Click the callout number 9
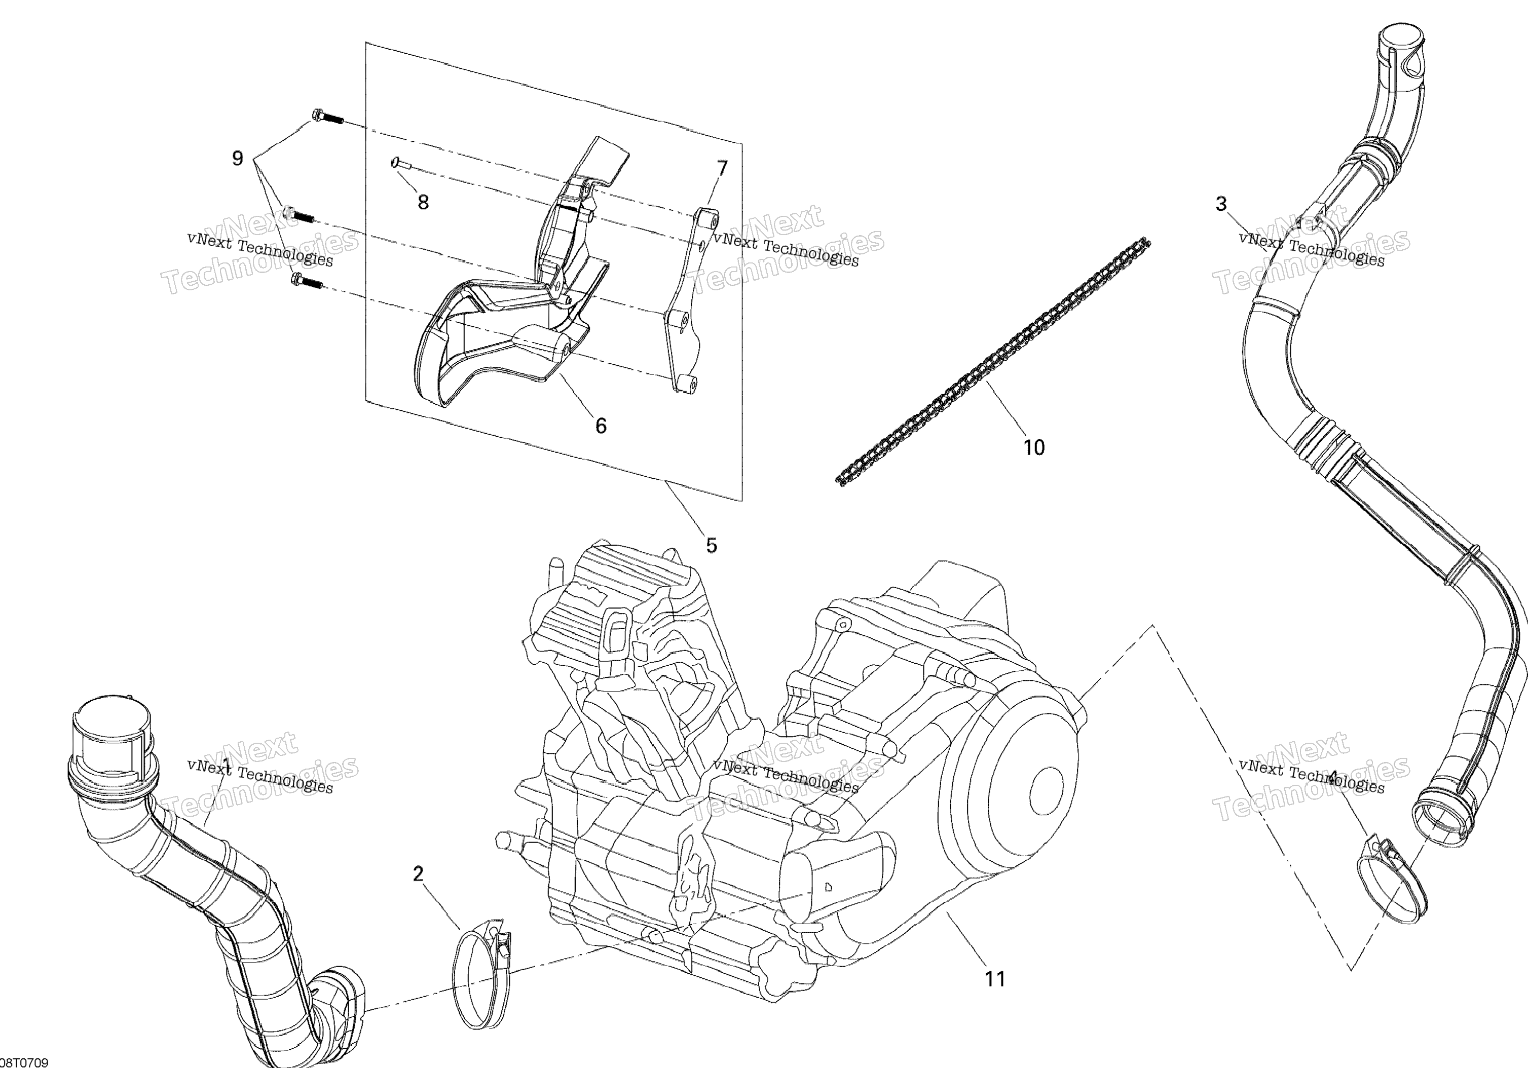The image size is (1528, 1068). pyautogui.click(x=238, y=159)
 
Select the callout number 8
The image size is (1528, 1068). pyautogui.click(x=423, y=202)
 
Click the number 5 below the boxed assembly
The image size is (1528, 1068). pyautogui.click(x=712, y=546)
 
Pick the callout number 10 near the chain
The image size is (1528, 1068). pyautogui.click(x=1033, y=448)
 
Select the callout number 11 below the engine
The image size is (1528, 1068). pyautogui.click(x=995, y=979)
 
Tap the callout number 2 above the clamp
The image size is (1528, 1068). pyautogui.click(x=418, y=873)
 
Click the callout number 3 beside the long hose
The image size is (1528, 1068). pyautogui.click(x=1220, y=204)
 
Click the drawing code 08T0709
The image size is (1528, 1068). pyautogui.click(x=25, y=1062)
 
